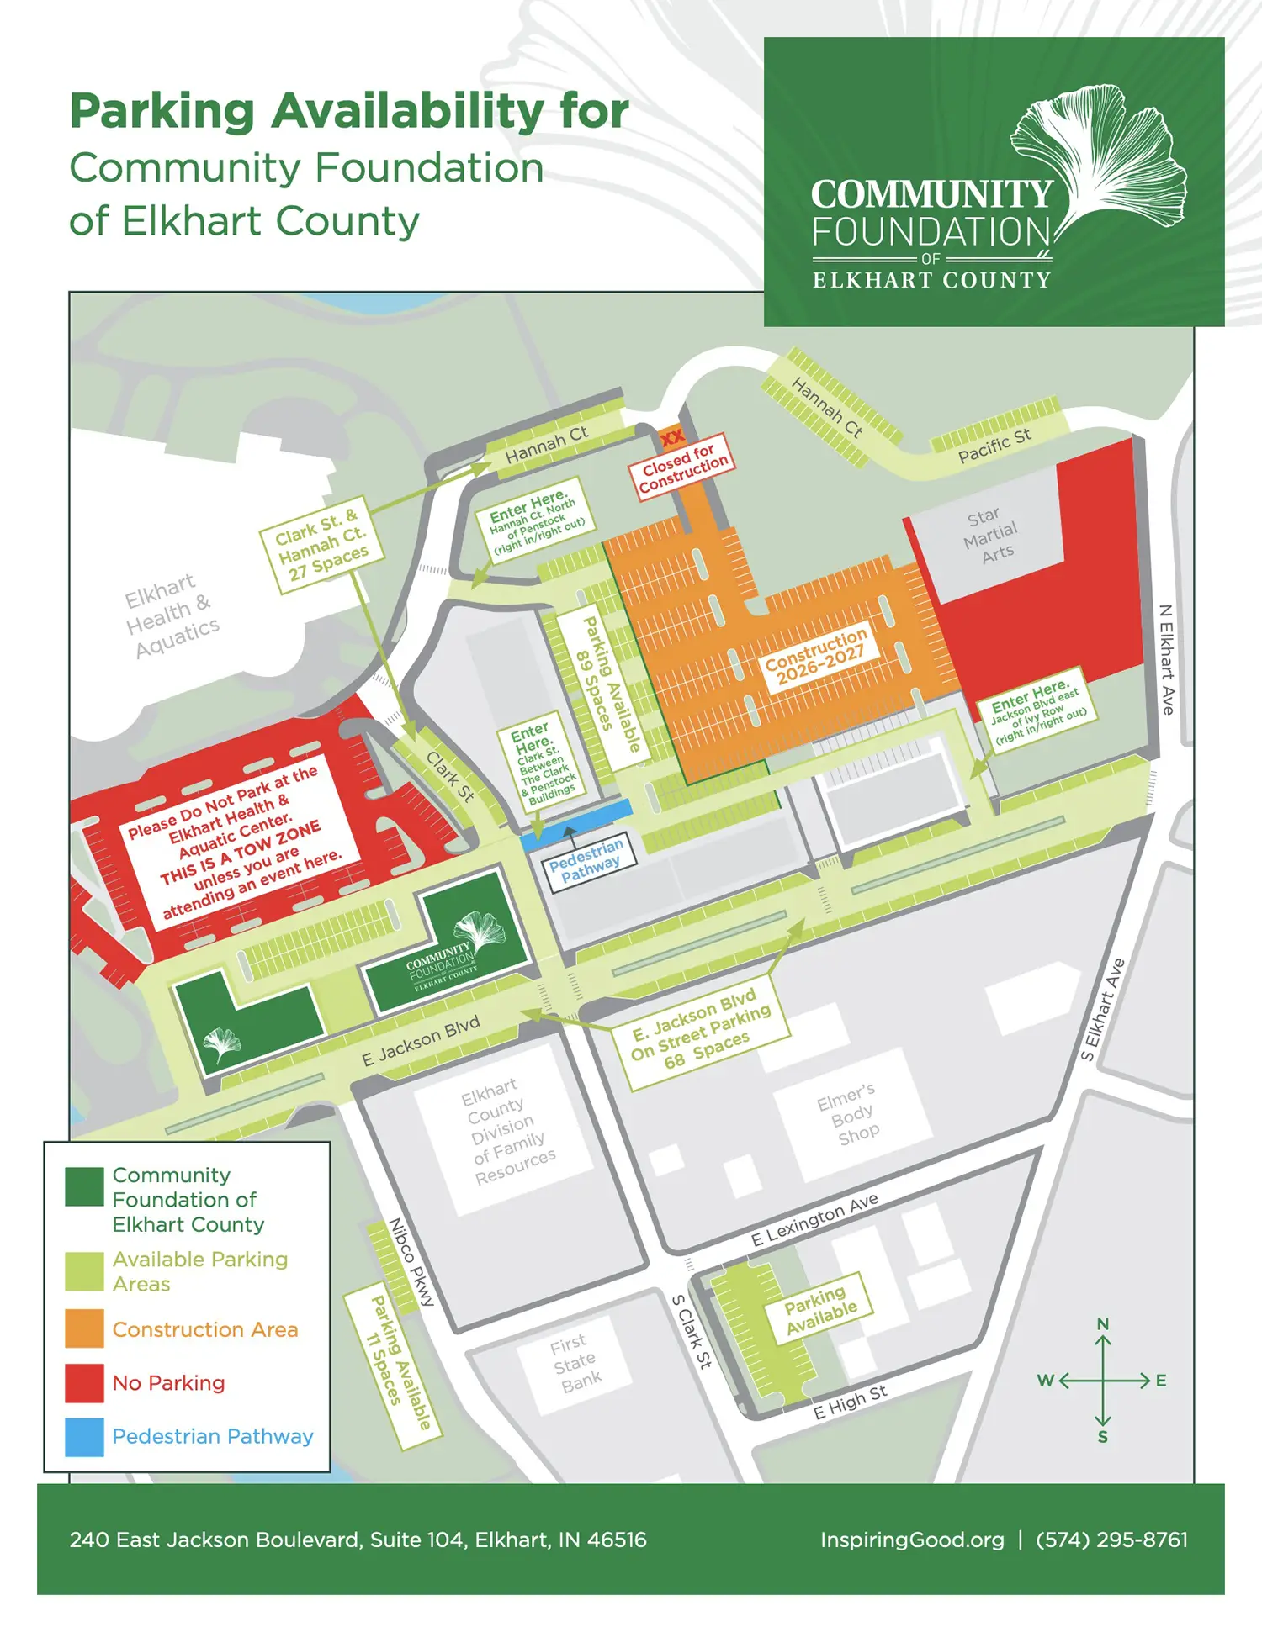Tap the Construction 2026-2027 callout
[x=815, y=657]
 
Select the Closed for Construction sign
[x=681, y=467]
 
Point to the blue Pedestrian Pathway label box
[x=587, y=859]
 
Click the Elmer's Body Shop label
[x=850, y=1115]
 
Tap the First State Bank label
[x=575, y=1363]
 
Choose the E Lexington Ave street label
[x=814, y=1219]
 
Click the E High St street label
[x=850, y=1402]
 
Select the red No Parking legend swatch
[x=84, y=1383]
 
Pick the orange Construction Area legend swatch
[x=84, y=1328]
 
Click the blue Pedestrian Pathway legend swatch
[x=84, y=1437]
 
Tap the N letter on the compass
[x=1103, y=1324]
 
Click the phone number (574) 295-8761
[x=1111, y=1540]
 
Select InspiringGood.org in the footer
[x=912, y=1540]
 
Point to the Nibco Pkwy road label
[x=411, y=1262]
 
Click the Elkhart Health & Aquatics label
[x=172, y=616]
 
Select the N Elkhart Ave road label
[x=1166, y=659]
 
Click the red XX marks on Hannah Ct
[x=672, y=437]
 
